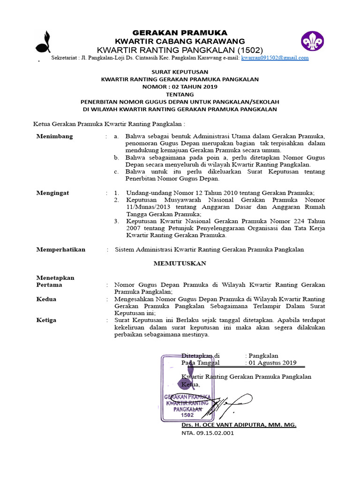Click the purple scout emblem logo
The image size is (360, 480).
312,41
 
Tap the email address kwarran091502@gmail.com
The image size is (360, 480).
275,58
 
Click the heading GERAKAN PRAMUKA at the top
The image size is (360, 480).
180,32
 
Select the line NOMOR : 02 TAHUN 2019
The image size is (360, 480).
180,87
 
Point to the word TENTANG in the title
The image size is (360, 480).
180,94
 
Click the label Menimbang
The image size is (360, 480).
55,136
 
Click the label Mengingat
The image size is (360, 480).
52,193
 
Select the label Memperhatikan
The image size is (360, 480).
61,249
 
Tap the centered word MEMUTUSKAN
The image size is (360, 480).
180,263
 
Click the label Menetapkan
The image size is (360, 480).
55,277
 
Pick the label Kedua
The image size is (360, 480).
46,299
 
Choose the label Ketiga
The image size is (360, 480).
46,320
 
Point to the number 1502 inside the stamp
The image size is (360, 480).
187,415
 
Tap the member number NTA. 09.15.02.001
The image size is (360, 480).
207,433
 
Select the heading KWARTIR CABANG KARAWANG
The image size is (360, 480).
180,41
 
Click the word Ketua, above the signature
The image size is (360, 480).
190,384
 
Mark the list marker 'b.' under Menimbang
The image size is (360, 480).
116,157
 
